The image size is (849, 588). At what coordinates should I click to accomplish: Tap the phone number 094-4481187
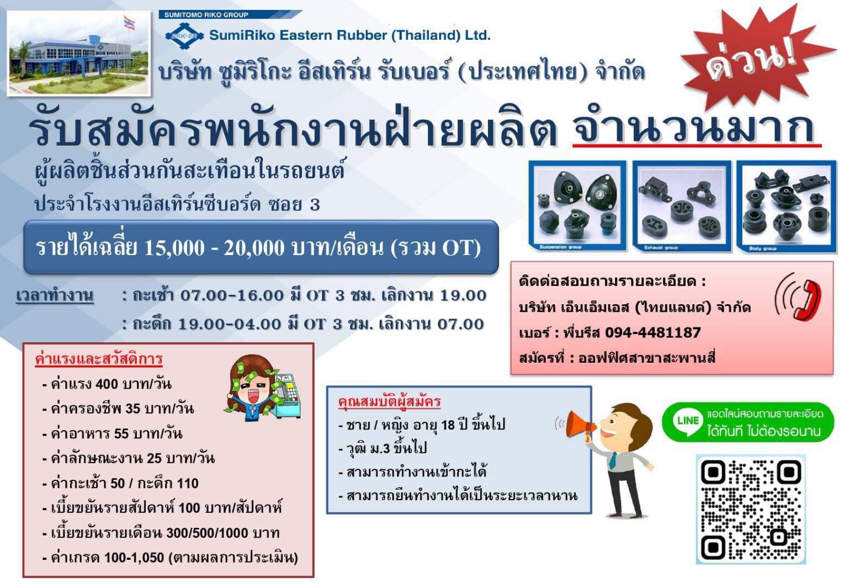point(652,332)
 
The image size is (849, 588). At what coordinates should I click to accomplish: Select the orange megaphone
point(580,425)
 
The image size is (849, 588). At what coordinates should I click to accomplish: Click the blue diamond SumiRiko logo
point(184,36)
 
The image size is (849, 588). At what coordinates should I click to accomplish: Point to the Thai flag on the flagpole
point(130,23)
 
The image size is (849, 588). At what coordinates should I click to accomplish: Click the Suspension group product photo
point(577,206)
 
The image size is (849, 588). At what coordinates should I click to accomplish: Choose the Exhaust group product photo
point(682,206)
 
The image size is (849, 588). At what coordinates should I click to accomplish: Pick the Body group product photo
point(787,206)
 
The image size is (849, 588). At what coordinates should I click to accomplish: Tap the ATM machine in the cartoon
point(286,396)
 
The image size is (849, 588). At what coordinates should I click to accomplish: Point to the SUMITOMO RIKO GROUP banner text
point(206,15)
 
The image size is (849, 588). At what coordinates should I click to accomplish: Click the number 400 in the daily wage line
point(107,384)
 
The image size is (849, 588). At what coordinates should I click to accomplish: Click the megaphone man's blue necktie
point(612,460)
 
